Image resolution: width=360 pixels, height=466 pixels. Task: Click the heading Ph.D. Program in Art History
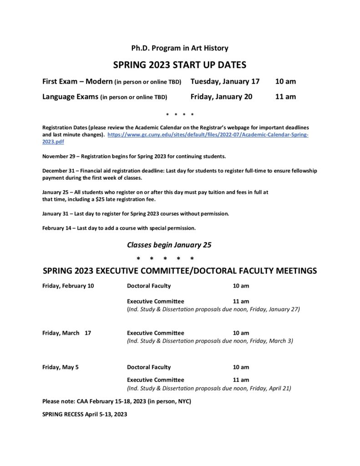pyautogui.click(x=180, y=48)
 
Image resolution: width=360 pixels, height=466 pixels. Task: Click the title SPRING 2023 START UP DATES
pyautogui.click(x=180, y=65)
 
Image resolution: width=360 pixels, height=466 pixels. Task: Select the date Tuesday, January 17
pyautogui.click(x=225, y=81)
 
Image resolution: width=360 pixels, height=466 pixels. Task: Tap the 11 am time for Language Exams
pyautogui.click(x=285, y=96)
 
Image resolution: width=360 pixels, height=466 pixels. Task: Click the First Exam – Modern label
pyautogui.click(x=77, y=81)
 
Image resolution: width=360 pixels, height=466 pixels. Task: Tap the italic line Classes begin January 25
pyautogui.click(x=169, y=245)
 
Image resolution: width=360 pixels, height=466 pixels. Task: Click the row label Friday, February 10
pyautogui.click(x=68, y=286)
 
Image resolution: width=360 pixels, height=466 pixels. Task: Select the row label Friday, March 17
pyautogui.click(x=66, y=333)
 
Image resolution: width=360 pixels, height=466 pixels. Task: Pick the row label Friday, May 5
pyautogui.click(x=61, y=367)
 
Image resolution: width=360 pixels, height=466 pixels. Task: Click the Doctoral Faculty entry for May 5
pyautogui.click(x=149, y=367)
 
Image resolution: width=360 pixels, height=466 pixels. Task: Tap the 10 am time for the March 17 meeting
pyautogui.click(x=241, y=333)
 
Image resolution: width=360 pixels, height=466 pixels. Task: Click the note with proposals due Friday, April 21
pyautogui.click(x=209, y=388)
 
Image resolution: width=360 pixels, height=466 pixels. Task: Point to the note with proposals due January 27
pyautogui.click(x=213, y=309)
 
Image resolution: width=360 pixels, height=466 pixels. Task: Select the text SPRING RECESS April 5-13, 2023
pyautogui.click(x=85, y=414)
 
